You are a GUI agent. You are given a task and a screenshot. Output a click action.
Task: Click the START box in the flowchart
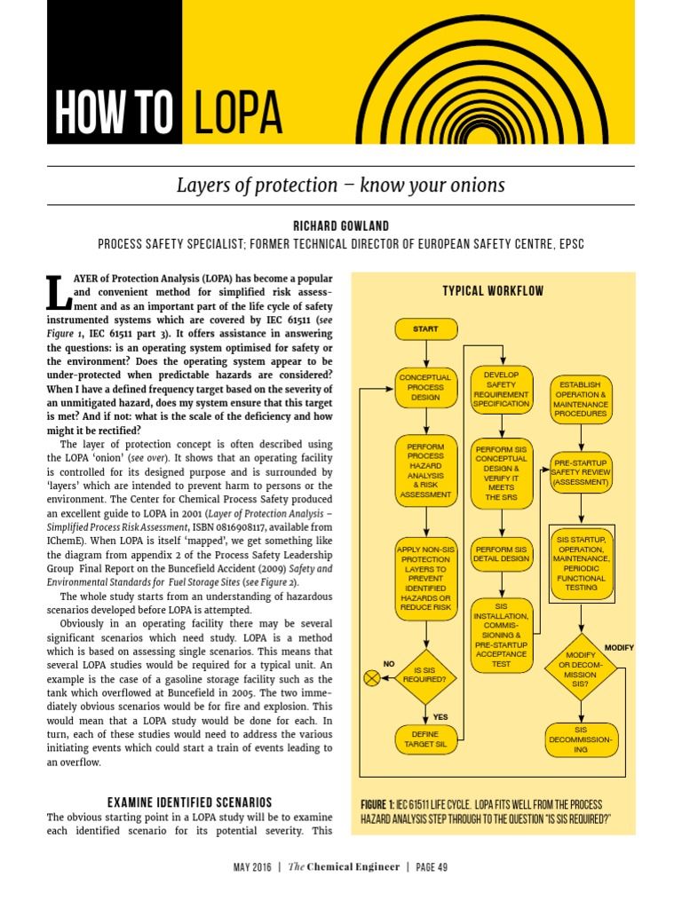pyautogui.click(x=426, y=329)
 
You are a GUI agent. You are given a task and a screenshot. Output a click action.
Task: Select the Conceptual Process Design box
pyautogui.click(x=425, y=388)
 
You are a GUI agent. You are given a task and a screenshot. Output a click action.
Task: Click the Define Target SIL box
pyautogui.click(x=426, y=739)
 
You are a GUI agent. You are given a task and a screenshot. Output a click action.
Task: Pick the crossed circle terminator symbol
pyautogui.click(x=372, y=678)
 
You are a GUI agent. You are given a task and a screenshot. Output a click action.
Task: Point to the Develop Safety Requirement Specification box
pyautogui.click(x=501, y=388)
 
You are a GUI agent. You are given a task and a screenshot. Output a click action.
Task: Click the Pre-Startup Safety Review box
pyautogui.click(x=581, y=473)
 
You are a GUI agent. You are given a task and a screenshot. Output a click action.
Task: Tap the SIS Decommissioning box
pyautogui.click(x=580, y=739)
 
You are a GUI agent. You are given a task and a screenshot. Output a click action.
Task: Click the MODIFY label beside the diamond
pyautogui.click(x=619, y=647)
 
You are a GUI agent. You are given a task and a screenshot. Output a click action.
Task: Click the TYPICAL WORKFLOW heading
pyautogui.click(x=493, y=291)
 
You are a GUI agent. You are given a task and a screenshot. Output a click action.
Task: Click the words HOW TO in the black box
pyautogui.click(x=114, y=113)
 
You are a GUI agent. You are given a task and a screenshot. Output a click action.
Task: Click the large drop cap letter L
pyautogui.click(x=55, y=292)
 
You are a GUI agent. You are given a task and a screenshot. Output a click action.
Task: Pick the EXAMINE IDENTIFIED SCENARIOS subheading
pyautogui.click(x=189, y=802)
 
